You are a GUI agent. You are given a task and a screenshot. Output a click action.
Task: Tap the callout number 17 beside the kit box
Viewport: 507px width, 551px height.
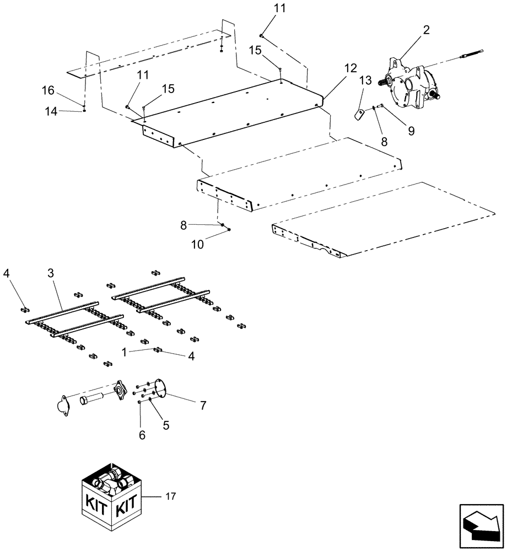pos(170,497)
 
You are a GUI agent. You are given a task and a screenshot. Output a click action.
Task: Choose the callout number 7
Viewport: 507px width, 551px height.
pos(203,406)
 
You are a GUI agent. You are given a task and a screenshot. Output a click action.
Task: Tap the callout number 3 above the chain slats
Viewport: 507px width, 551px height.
pos(50,274)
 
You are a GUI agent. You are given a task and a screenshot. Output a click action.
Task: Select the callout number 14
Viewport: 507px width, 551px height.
pos(51,111)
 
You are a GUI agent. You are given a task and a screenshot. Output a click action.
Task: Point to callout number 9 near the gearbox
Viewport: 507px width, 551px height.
pos(411,130)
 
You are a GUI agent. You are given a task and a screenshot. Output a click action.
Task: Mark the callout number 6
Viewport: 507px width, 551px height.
pos(142,435)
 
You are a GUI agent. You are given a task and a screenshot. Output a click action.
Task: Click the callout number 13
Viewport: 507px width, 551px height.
pos(366,81)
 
